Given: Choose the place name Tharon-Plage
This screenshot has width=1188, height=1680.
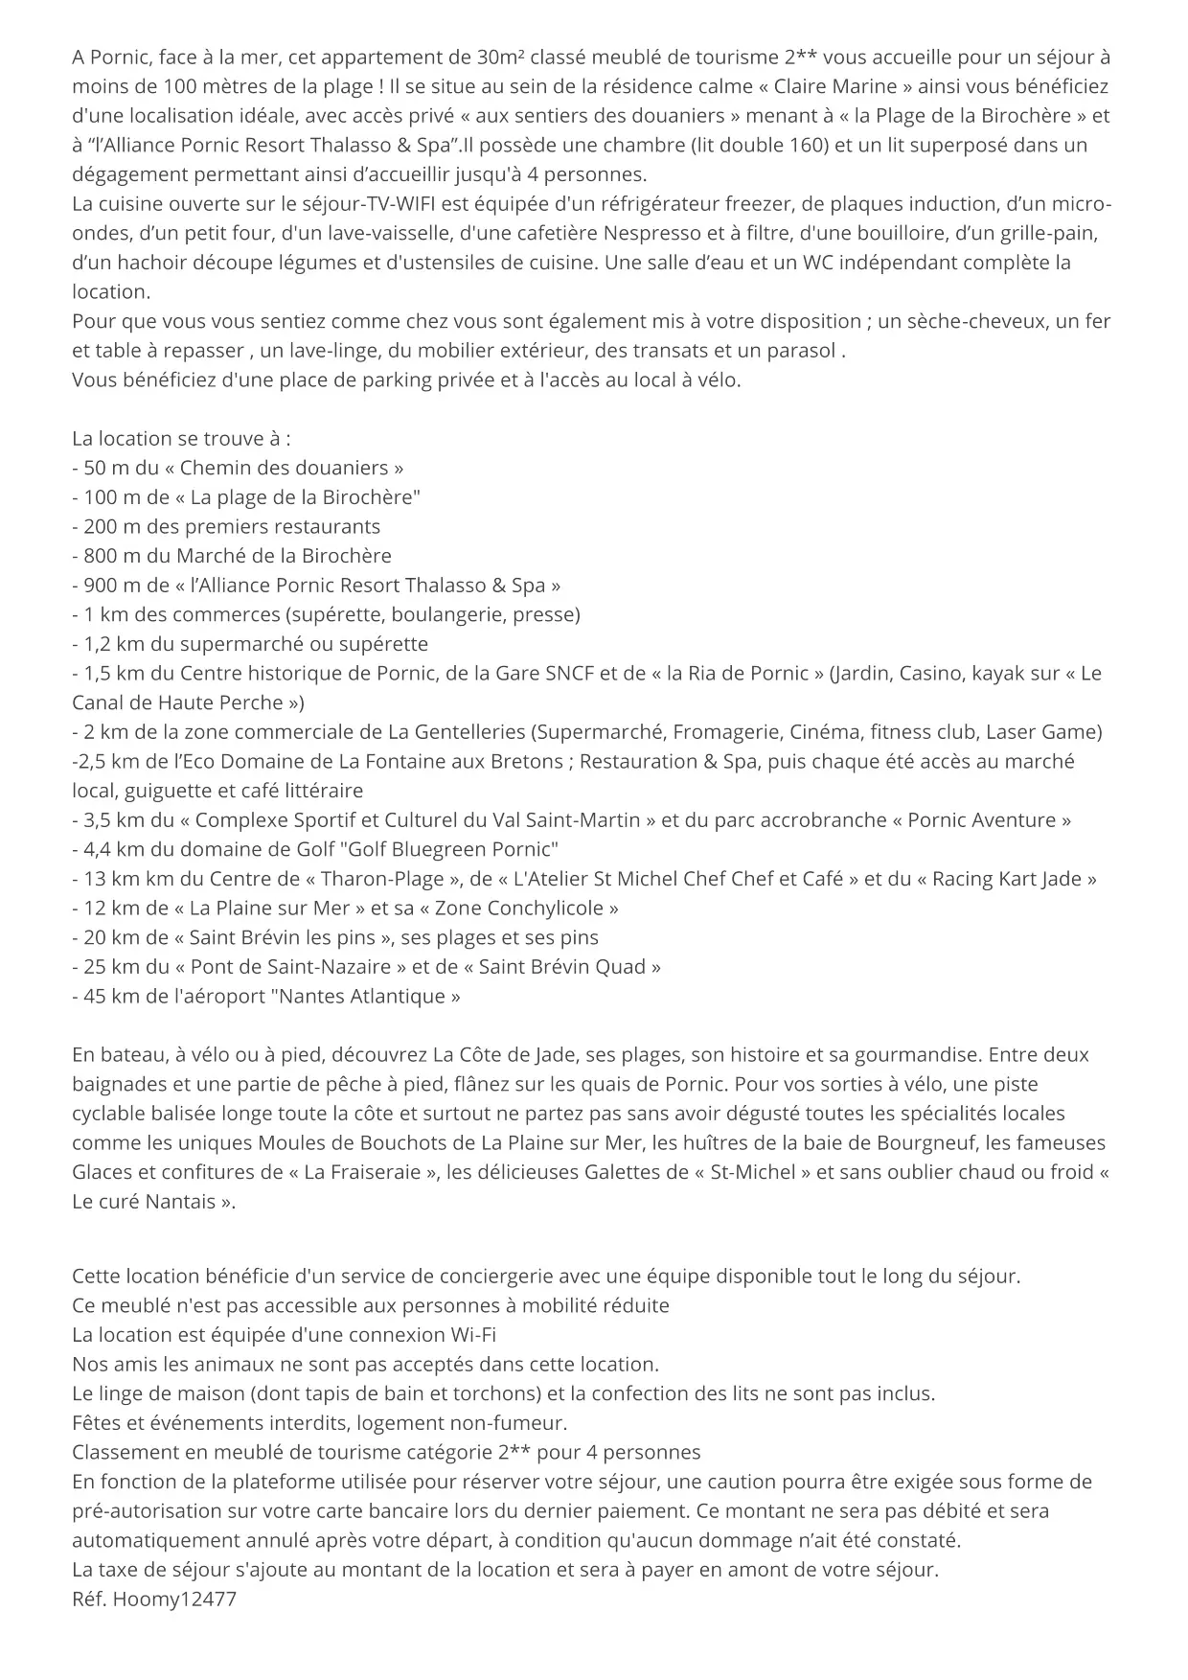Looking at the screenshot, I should (382, 879).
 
